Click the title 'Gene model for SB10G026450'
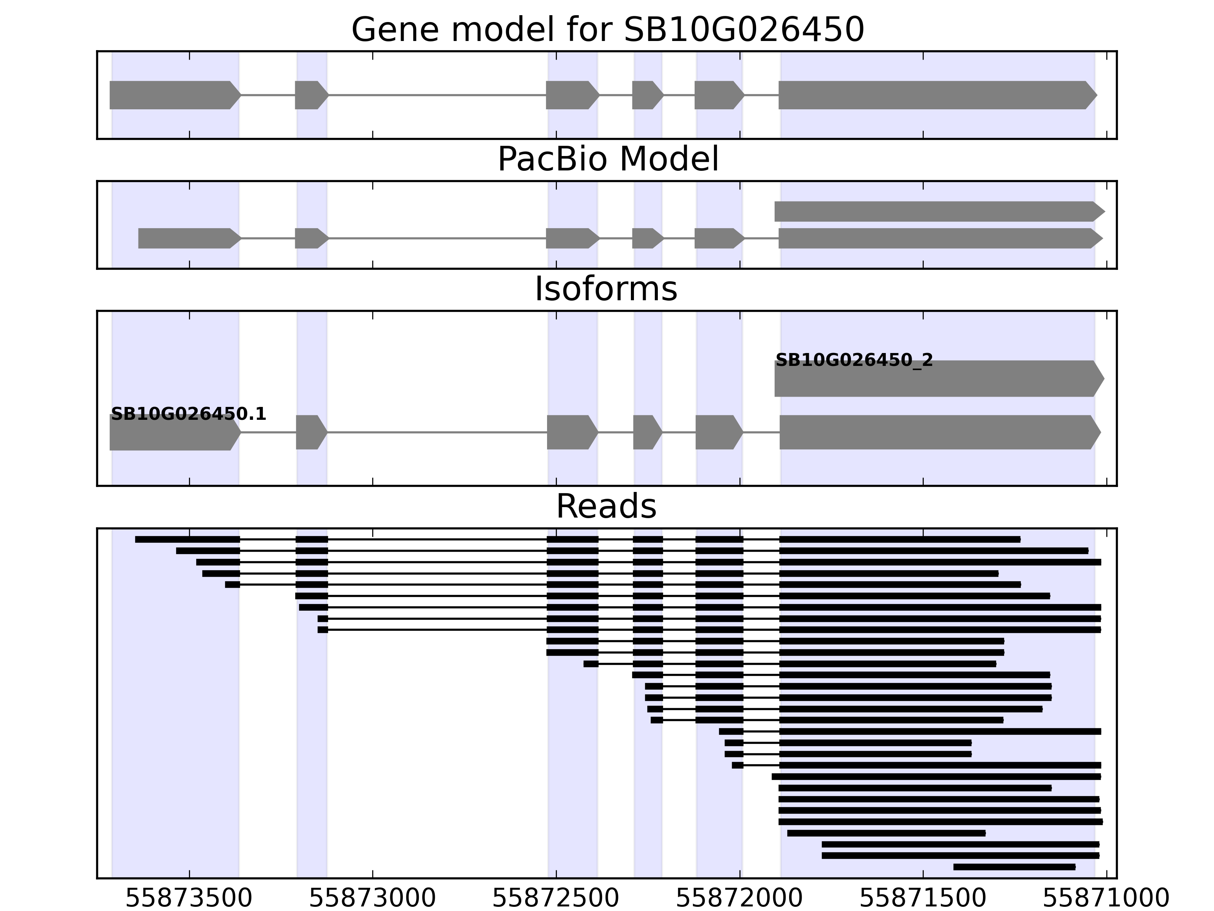click(607, 30)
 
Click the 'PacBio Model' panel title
click(607, 159)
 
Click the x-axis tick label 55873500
click(189, 898)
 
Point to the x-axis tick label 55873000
click(372, 898)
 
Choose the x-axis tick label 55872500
click(555, 898)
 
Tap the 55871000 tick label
click(1105, 898)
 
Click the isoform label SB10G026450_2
click(854, 360)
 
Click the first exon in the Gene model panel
click(173, 95)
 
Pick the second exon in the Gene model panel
click(310, 95)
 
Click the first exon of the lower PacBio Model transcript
click(188, 238)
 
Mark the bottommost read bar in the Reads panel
click(1014, 867)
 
